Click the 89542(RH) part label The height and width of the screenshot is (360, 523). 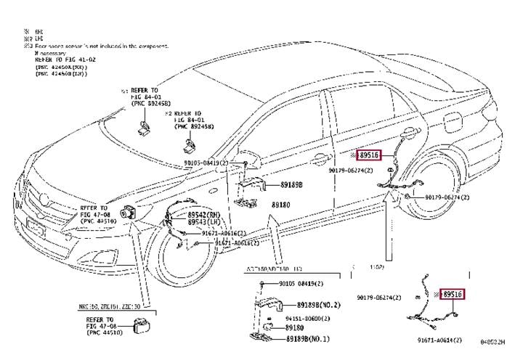pos(203,216)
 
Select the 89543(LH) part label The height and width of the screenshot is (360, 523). pos(203,223)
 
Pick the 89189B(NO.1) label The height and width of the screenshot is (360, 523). pos(309,339)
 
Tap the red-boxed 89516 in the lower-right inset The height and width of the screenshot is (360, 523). pos(453,294)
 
